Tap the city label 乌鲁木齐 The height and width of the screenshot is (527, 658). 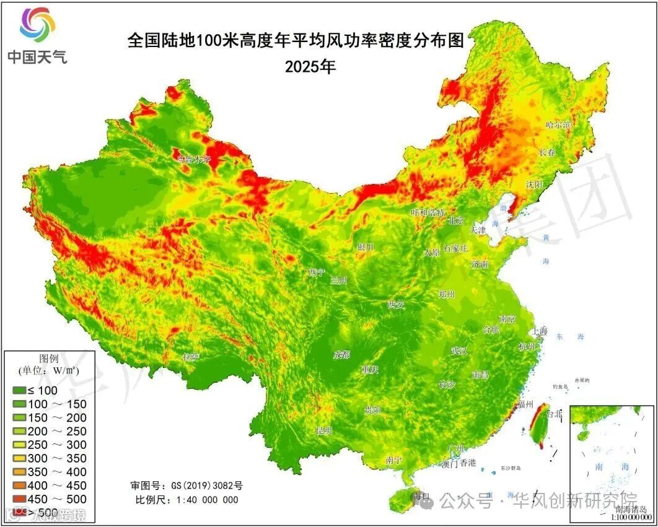click(194, 159)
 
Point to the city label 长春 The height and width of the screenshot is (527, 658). click(547, 152)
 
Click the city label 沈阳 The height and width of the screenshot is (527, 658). click(534, 185)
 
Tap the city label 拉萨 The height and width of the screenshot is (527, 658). click(191, 357)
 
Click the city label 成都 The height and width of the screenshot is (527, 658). click(341, 355)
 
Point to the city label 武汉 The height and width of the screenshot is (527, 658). click(459, 351)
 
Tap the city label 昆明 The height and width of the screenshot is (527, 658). click(324, 430)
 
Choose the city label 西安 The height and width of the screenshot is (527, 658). click(396, 304)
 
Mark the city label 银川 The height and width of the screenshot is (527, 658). click(365, 247)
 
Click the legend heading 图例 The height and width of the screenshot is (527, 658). click(48, 359)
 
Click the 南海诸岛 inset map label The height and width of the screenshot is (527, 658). click(633, 509)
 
